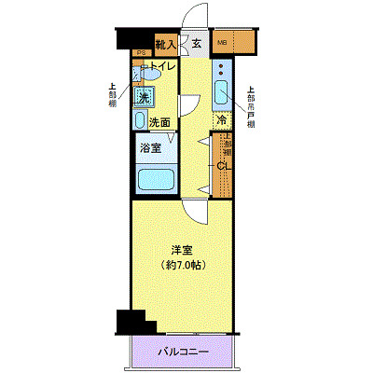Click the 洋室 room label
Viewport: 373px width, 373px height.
pyautogui.click(x=182, y=250)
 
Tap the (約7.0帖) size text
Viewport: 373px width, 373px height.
pyautogui.click(x=182, y=265)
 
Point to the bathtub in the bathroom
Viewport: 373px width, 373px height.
pyautogui.click(x=154, y=179)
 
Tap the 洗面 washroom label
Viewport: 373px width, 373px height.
pyautogui.click(x=159, y=122)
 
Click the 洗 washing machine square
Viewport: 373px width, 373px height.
pyautogui.click(x=145, y=96)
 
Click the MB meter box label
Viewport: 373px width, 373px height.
pyautogui.click(x=223, y=43)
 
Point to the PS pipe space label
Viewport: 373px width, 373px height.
pyautogui.click(x=139, y=53)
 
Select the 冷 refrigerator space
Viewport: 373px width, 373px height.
pyautogui.click(x=222, y=120)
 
